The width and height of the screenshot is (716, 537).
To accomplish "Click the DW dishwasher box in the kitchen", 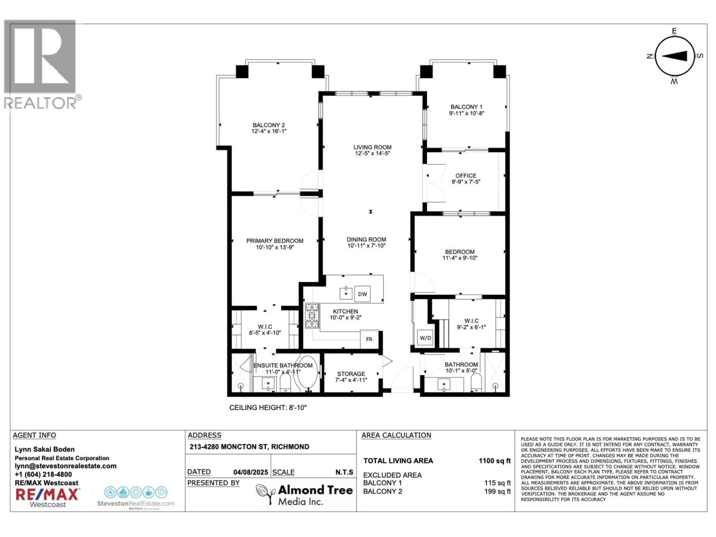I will tap(362, 294).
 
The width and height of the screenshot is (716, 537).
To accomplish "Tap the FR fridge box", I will tap(369, 339).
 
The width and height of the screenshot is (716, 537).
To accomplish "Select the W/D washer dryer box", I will tap(425, 338).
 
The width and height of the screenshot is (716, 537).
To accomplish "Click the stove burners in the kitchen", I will tap(312, 316).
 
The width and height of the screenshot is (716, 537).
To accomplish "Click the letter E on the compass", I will tap(674, 31).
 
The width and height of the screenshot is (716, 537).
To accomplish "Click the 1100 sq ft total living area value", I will tap(494, 461).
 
